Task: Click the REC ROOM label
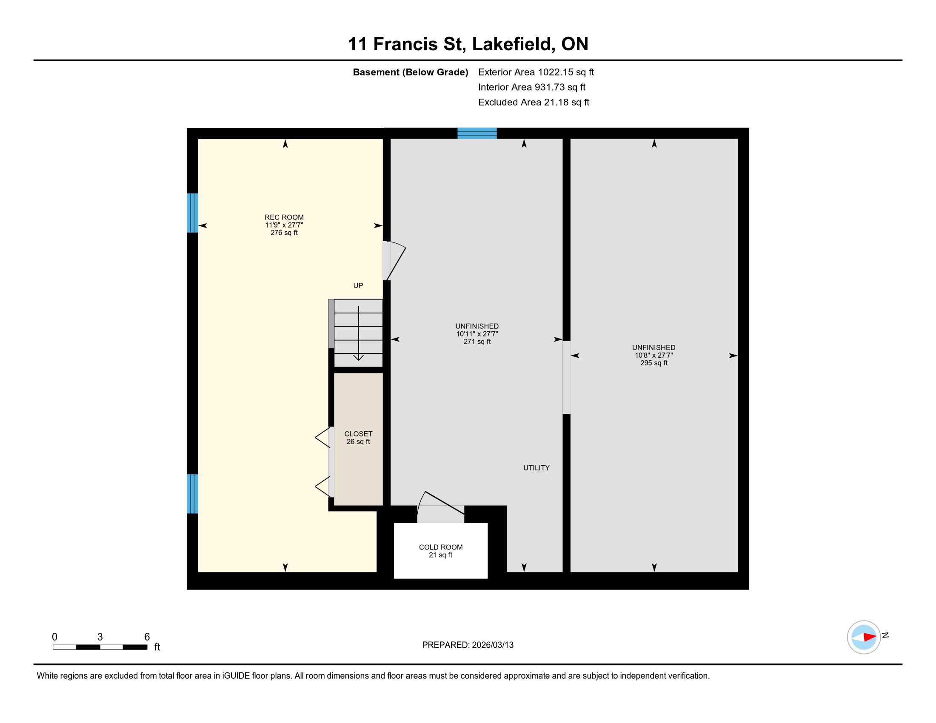(284, 217)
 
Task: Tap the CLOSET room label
(358, 434)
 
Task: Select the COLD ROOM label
(441, 547)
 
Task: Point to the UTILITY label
(536, 468)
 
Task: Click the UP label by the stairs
(358, 285)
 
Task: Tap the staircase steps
(358, 333)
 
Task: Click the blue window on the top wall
(477, 133)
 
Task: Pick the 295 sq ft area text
(653, 363)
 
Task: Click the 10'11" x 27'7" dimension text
(477, 334)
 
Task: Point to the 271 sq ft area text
(477, 342)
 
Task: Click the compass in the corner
(864, 637)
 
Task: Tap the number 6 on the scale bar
(147, 637)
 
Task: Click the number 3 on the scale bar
(100, 637)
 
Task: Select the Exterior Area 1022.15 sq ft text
(536, 72)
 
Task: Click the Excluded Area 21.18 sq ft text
(534, 102)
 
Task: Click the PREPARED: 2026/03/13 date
(468, 645)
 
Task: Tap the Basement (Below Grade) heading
(410, 72)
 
